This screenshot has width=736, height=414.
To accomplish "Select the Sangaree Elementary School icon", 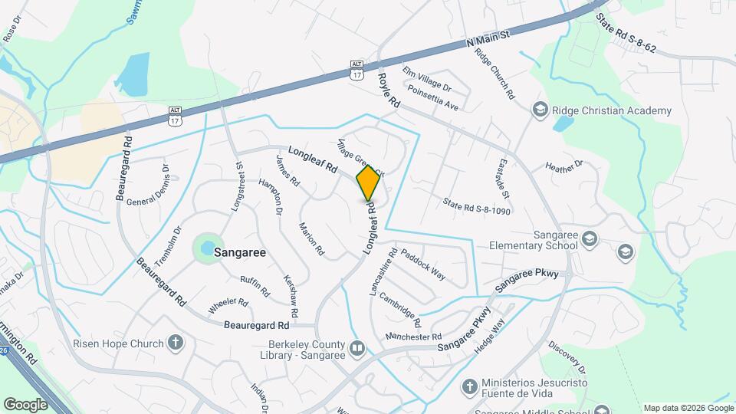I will pos(589,239).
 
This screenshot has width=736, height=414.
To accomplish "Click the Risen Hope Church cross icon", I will pos(176,342).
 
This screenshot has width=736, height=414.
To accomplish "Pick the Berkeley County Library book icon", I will pos(357,350).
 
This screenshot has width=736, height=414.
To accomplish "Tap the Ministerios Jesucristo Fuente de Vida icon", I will pos(470,387).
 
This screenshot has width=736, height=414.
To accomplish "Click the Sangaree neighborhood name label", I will pos(240,251).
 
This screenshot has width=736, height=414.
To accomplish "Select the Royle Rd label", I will pos(390,90).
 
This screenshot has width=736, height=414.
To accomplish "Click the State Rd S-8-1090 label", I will pos(476,205).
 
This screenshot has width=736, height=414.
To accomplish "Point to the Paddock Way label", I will pos(423,263).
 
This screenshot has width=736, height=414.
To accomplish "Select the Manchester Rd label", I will pos(413,337).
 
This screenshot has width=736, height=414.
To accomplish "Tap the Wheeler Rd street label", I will pos(228,306).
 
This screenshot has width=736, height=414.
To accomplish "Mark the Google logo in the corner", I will pos(25,404).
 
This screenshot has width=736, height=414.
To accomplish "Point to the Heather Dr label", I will pos(564,165).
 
